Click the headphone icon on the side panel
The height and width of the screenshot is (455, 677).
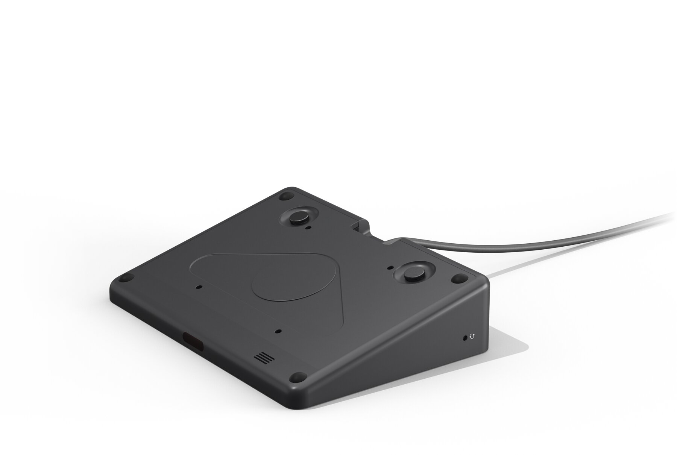pos(472,337)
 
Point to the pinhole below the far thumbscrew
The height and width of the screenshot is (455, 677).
pos(308,228)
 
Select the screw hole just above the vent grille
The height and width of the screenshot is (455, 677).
pos(278,331)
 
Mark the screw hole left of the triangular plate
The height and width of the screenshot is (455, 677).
pos(199,287)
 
